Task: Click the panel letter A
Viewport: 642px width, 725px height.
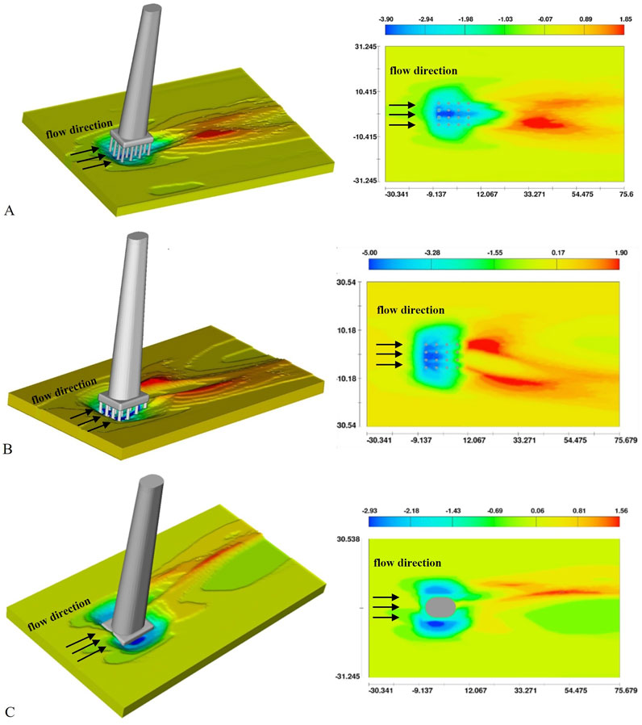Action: (9, 211)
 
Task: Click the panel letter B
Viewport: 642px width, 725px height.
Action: (8, 449)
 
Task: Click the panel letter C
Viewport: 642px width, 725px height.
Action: (9, 711)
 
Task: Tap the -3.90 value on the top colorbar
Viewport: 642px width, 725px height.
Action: (386, 19)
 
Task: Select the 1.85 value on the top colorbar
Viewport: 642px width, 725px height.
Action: (625, 19)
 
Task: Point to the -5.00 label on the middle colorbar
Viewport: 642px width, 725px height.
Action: (369, 253)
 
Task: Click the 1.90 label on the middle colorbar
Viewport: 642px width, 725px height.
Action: (621, 253)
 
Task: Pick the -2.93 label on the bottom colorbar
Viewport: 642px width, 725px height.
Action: (369, 510)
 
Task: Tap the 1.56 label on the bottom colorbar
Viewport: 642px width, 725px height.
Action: (621, 510)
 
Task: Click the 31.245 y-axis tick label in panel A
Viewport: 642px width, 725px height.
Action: (366, 47)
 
